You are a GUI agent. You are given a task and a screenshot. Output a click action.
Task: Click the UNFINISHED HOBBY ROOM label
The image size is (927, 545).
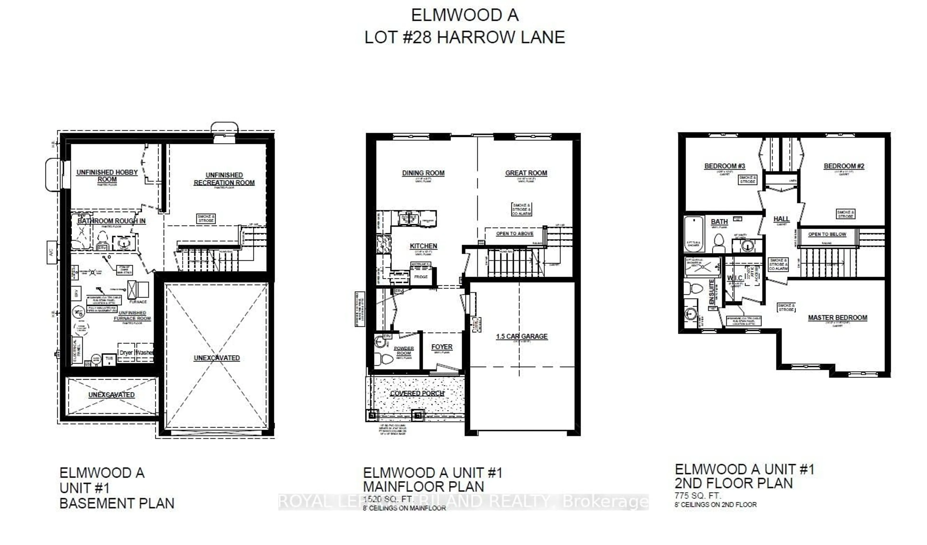tap(107, 176)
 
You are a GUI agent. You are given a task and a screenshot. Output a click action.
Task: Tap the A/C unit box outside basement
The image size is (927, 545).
tap(51, 252)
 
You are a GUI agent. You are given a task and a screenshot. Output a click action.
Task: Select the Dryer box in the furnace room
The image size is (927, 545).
tap(126, 352)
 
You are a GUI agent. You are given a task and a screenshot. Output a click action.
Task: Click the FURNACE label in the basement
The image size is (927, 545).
tap(138, 301)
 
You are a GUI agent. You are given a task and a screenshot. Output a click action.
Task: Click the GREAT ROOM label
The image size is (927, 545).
tap(526, 173)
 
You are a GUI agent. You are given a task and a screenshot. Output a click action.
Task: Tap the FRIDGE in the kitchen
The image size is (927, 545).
tap(421, 277)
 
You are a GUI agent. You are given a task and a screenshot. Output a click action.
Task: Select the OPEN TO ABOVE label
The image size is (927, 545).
tap(514, 233)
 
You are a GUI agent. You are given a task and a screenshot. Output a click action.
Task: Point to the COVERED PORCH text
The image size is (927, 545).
tap(417, 393)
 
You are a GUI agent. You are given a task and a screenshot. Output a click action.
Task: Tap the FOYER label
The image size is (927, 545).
tap(442, 347)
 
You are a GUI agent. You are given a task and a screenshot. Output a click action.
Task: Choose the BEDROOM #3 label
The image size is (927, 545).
tap(724, 166)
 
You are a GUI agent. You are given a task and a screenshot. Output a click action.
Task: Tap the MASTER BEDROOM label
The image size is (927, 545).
tap(837, 317)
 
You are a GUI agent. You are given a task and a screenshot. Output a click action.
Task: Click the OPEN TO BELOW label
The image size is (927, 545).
tap(827, 234)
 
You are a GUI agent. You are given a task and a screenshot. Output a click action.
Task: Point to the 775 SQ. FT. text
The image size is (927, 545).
tap(698, 495)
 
